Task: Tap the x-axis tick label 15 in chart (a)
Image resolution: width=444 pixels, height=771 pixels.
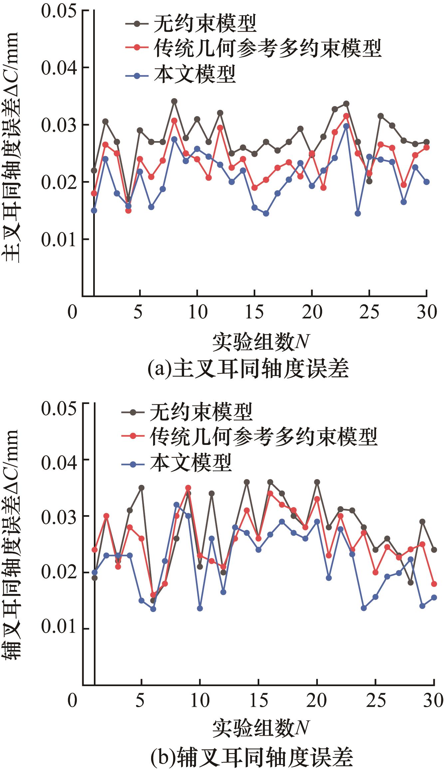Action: click(x=255, y=312)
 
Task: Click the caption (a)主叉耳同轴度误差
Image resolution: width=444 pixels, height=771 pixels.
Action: click(x=248, y=369)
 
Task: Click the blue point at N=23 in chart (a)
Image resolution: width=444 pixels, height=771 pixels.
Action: click(x=346, y=126)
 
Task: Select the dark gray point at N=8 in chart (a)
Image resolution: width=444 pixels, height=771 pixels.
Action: click(x=174, y=101)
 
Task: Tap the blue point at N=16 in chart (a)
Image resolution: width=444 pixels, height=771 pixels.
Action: click(x=266, y=213)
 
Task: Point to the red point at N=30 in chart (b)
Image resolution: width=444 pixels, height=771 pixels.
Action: click(x=434, y=584)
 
